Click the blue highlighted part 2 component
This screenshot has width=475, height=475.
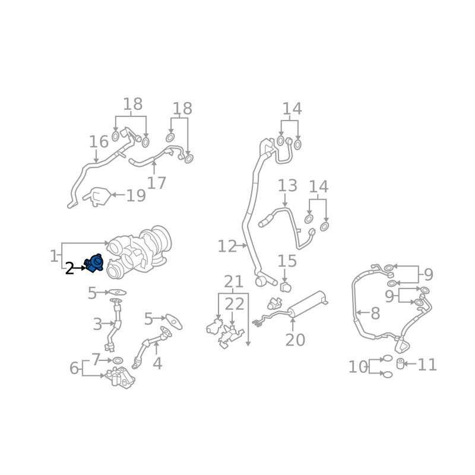pos(94,263)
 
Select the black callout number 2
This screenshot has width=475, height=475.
pos(69,268)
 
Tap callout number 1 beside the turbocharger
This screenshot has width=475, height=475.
pos(53,256)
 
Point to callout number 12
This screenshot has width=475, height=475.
pos(227,246)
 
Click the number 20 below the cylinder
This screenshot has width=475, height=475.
pos(295,340)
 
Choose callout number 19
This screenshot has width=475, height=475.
pos(136,196)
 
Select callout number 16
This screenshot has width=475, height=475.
pos(99,142)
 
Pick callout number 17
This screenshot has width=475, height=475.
pos(156,183)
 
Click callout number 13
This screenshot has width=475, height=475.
pos(287,185)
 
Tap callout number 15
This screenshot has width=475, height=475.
pos(287,261)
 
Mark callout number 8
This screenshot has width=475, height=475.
pos(375,313)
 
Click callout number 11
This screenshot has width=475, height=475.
pos(427,365)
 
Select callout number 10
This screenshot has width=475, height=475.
pos(358,367)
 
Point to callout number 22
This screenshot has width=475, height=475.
pos(235,304)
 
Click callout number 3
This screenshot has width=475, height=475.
pos(97,324)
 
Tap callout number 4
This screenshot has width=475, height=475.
pos(157,363)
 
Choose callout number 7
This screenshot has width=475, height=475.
pos(96,360)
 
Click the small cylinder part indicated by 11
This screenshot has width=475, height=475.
pos(400,363)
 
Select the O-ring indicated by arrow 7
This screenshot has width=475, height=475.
pos(118,361)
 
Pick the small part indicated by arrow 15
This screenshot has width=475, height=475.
pos(286,287)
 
